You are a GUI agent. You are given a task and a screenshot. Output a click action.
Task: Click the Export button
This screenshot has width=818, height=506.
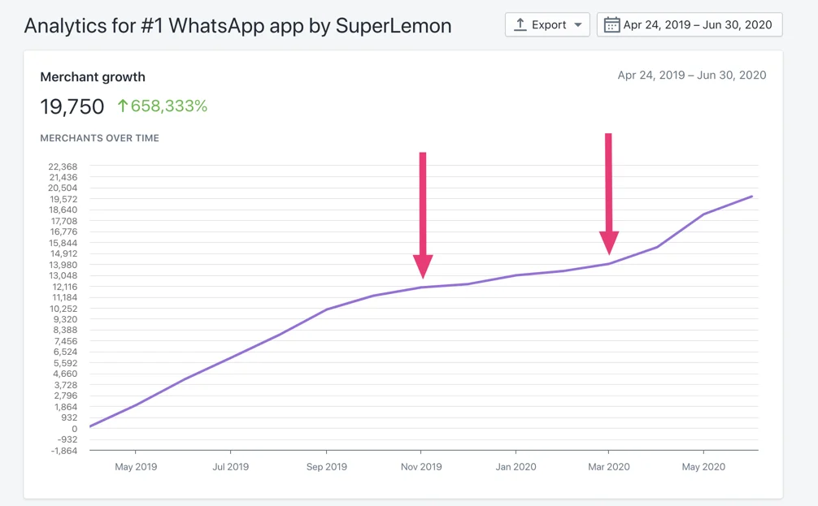(x=547, y=24)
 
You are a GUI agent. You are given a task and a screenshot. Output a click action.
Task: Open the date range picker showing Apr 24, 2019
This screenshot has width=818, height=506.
(x=690, y=24)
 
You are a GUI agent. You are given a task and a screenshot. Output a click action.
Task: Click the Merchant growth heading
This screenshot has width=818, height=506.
(x=93, y=77)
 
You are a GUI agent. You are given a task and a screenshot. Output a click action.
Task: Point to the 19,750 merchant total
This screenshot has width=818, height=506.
(x=72, y=106)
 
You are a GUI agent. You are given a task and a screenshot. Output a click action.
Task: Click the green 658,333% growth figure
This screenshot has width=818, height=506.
(x=162, y=106)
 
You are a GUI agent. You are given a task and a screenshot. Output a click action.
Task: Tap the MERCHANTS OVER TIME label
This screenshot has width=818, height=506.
(x=99, y=138)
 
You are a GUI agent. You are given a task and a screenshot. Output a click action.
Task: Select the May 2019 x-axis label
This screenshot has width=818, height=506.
(x=136, y=467)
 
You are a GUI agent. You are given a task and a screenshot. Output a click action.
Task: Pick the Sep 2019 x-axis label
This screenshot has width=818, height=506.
(x=326, y=467)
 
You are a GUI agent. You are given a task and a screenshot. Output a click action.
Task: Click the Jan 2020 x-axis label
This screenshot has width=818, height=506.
(x=516, y=467)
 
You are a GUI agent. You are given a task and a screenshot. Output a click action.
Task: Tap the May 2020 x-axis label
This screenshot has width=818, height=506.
(x=703, y=467)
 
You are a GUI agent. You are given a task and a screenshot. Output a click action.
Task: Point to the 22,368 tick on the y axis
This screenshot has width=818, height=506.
(x=63, y=167)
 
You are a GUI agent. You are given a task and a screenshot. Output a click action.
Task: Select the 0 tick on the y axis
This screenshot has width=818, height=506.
(x=75, y=429)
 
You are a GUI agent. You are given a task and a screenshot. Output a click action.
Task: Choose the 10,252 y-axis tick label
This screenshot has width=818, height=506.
(x=63, y=309)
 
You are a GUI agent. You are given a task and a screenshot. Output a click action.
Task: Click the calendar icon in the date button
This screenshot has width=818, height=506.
(x=611, y=24)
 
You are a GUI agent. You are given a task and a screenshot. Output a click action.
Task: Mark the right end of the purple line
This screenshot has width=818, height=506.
(x=752, y=197)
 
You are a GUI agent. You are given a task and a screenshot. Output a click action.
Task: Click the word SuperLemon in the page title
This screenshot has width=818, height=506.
(x=394, y=25)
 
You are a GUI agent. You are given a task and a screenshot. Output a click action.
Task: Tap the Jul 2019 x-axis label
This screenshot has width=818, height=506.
(x=230, y=467)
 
